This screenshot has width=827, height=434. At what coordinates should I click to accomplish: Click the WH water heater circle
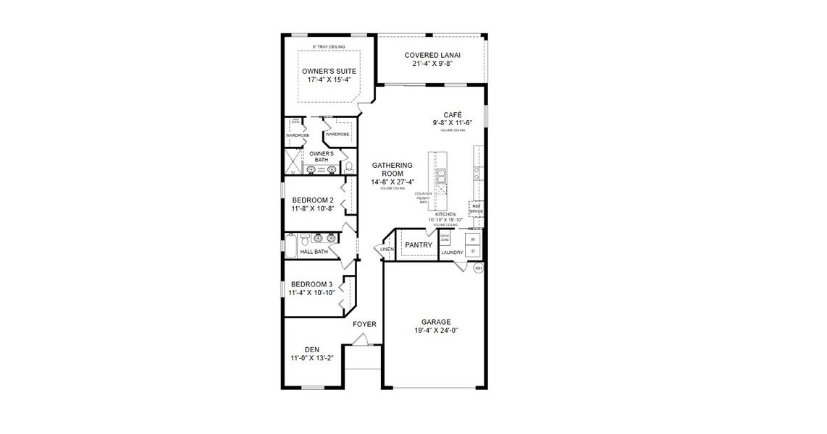478,268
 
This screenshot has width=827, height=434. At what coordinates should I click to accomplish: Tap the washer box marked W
473,239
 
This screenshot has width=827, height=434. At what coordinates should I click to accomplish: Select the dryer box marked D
473,251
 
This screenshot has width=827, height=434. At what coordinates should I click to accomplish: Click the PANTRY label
419,245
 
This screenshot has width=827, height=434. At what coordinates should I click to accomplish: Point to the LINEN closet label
386,250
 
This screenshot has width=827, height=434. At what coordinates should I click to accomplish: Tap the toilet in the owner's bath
348,167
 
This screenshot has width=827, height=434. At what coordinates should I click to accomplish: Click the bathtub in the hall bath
290,247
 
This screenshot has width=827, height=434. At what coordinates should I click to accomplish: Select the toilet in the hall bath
306,238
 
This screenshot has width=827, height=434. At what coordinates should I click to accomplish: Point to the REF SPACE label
476,208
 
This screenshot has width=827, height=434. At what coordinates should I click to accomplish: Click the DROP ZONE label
445,238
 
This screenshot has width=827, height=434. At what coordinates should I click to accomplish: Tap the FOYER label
364,324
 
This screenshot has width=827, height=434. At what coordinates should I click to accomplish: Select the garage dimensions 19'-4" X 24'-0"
437,331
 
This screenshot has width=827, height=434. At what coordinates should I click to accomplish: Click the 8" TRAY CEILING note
328,47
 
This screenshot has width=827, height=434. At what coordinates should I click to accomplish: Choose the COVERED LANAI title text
433,55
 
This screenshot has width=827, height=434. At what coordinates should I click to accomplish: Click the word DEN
311,349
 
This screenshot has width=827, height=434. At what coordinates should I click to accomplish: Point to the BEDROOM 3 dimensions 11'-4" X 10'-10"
311,293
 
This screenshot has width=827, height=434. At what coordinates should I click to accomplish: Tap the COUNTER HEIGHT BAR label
423,198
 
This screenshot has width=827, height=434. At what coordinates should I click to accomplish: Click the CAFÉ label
453,114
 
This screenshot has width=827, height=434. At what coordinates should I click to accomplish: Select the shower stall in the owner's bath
293,162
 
